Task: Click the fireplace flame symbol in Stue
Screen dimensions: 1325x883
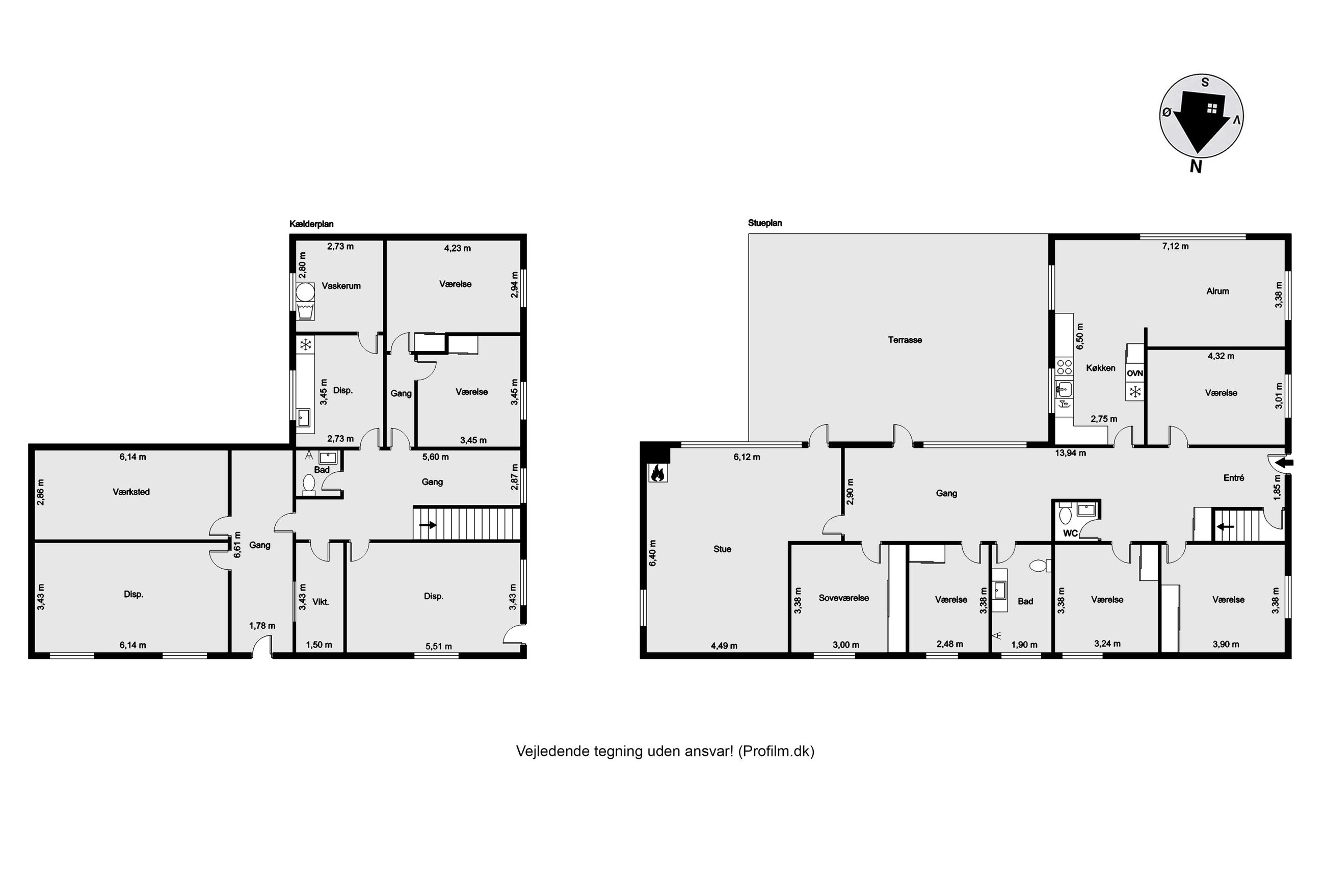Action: (657, 473)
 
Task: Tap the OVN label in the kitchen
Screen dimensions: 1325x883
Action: (1135, 373)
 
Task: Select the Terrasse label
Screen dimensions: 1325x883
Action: (905, 340)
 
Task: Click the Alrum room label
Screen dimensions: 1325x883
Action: (1217, 291)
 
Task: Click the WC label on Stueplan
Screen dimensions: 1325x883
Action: (1070, 533)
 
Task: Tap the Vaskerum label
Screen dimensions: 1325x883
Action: (341, 286)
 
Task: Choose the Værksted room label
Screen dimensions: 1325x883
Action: (131, 492)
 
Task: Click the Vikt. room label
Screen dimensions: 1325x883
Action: (321, 601)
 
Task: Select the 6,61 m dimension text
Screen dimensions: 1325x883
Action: (237, 545)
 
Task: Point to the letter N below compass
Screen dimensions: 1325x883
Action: (1196, 166)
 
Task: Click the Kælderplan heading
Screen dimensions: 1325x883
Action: (311, 224)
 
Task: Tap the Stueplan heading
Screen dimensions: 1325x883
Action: (765, 223)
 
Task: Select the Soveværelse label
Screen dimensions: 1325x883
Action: (843, 598)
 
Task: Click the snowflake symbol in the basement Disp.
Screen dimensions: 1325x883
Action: (305, 344)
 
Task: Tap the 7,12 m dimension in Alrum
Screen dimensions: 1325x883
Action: (1175, 246)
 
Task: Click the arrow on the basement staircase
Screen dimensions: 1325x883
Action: (428, 525)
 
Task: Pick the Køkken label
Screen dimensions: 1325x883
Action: (1100, 368)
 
